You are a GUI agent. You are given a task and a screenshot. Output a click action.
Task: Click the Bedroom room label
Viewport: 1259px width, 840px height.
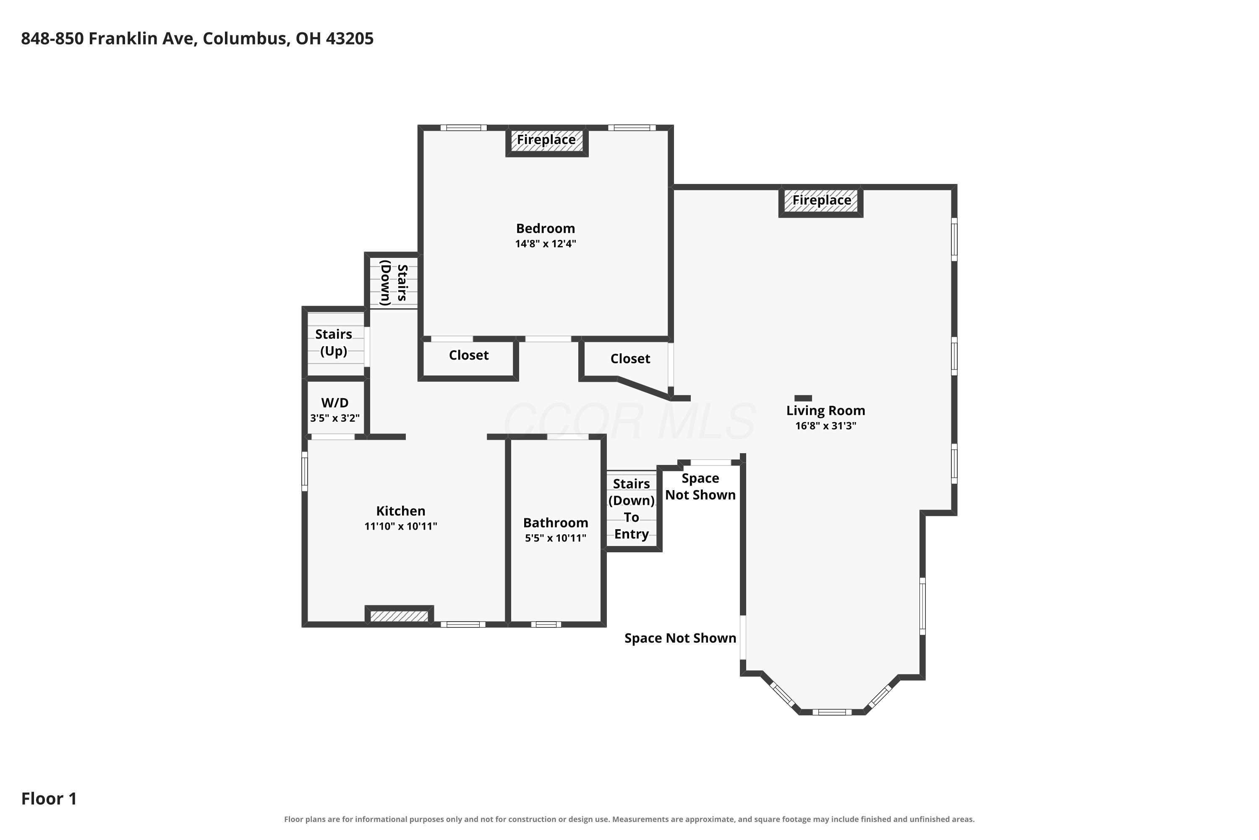(546, 229)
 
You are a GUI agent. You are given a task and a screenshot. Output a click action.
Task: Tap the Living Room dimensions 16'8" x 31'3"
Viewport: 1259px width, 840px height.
(825, 426)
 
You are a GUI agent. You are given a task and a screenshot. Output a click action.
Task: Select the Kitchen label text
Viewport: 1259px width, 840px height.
(400, 511)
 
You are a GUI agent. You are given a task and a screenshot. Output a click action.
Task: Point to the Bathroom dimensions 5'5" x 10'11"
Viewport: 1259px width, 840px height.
(556, 538)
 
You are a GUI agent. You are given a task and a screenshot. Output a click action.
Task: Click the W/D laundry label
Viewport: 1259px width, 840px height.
(335, 403)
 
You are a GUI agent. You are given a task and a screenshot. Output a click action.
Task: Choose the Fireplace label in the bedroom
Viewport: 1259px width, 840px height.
(546, 140)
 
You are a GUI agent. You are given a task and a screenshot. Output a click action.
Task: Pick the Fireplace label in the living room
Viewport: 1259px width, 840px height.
(822, 200)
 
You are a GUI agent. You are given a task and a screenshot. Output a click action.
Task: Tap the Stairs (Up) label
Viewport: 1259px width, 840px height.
(334, 343)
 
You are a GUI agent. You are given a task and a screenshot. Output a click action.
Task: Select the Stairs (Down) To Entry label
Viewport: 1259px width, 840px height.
(632, 509)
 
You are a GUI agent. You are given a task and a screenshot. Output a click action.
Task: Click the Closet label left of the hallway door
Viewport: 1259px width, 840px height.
(469, 355)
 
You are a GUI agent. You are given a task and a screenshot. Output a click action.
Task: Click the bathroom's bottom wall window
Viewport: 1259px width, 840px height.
(546, 624)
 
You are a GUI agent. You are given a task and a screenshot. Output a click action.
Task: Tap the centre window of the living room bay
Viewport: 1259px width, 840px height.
(832, 712)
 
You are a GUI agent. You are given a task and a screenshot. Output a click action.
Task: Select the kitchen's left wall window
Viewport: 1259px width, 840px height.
(305, 471)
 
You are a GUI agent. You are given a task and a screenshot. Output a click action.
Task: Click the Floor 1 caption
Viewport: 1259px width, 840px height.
(49, 799)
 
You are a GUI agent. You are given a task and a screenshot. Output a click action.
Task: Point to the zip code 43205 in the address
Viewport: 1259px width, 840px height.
(350, 39)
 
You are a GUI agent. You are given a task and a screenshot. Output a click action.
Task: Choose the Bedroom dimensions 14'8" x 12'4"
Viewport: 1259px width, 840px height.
(546, 244)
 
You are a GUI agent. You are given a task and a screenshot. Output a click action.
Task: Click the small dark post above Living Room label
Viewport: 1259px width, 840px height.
(803, 398)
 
